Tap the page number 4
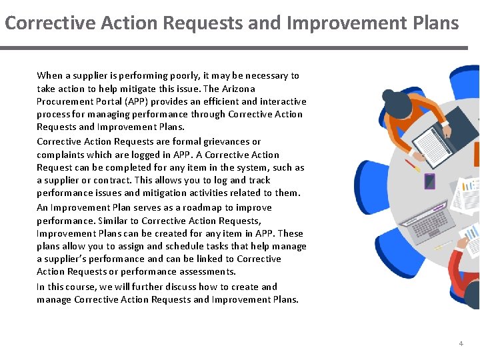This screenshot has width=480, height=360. click(x=460, y=343)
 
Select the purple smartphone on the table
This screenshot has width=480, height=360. click(x=430, y=181)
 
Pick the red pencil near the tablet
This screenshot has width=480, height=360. click(x=413, y=165)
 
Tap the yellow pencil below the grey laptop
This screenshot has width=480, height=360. click(x=443, y=246)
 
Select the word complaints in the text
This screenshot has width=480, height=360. click(x=60, y=155)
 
